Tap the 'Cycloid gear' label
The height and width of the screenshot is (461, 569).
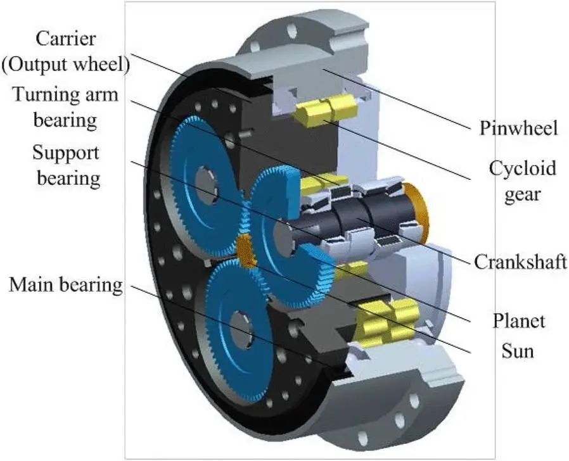[x=521, y=180]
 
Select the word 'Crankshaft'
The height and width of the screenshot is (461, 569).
[x=520, y=262]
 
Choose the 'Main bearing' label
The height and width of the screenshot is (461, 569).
[x=65, y=285]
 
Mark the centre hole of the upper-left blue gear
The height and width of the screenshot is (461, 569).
[x=207, y=179]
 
